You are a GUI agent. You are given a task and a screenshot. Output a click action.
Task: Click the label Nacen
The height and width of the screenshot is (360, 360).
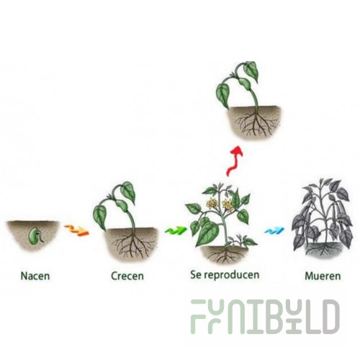pyautogui.click(x=35, y=276)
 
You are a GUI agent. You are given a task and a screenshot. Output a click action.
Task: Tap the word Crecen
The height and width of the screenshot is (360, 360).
pyautogui.click(x=127, y=276)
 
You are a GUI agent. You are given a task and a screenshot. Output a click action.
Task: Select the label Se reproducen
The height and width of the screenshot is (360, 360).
pyautogui.click(x=225, y=275)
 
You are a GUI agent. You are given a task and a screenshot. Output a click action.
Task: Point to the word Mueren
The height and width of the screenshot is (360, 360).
pyautogui.click(x=323, y=276)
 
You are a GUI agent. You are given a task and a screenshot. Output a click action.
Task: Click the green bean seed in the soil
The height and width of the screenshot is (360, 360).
pyautogui.click(x=34, y=235)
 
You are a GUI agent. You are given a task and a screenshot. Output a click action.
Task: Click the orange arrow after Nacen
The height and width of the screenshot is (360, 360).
pyautogui.click(x=76, y=230)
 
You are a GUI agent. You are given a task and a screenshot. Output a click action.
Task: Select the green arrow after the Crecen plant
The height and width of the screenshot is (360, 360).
pyautogui.click(x=175, y=230)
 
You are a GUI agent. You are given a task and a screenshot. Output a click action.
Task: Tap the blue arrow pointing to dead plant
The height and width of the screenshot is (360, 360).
pyautogui.click(x=274, y=230)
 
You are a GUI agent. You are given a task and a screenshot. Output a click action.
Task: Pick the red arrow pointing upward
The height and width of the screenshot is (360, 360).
pyautogui.click(x=233, y=161)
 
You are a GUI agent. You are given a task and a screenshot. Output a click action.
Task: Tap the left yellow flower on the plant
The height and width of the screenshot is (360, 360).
pyautogui.click(x=212, y=204)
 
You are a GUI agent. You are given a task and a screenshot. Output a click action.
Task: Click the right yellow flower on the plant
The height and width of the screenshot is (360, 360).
pyautogui.click(x=227, y=205)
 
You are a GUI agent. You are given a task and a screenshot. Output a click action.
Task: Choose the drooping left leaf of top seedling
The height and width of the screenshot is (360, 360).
pyautogui.click(x=222, y=94)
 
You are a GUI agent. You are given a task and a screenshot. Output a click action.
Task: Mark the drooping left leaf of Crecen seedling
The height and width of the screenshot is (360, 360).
pyautogui.click(x=100, y=217)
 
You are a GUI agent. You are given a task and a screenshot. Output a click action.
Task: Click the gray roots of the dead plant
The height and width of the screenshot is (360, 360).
pyautogui.click(x=324, y=249)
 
